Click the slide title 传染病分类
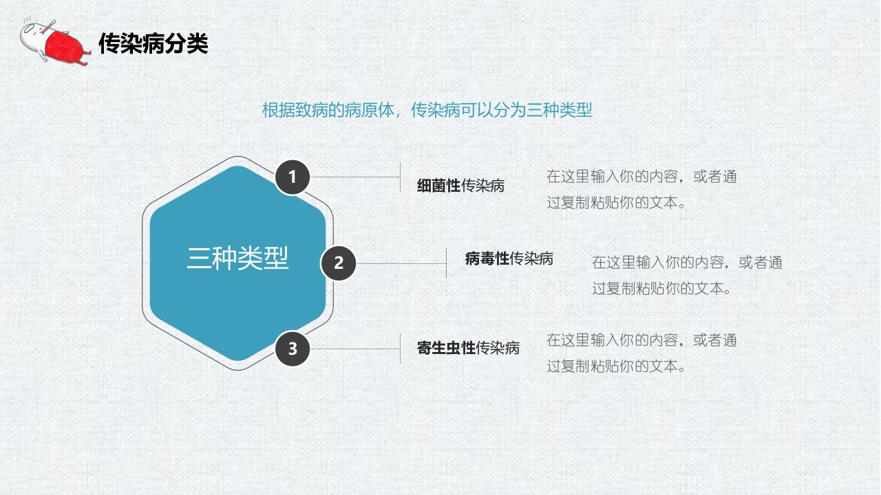[153, 43]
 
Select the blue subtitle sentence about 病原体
[427, 110]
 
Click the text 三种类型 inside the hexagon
[238, 258]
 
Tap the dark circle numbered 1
[293, 177]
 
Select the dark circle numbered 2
[339, 263]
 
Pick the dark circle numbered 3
[293, 349]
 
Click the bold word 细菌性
[438, 186]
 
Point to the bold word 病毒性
[487, 259]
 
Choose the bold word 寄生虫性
[447, 348]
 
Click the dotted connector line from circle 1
[354, 177]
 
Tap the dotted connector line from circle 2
[401, 263]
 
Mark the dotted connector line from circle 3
[354, 349]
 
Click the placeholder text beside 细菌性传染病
[641, 190]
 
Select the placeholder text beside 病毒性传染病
[687, 276]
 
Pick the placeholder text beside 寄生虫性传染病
[641, 353]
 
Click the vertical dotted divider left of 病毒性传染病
[447, 263]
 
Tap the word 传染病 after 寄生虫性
[498, 348]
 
